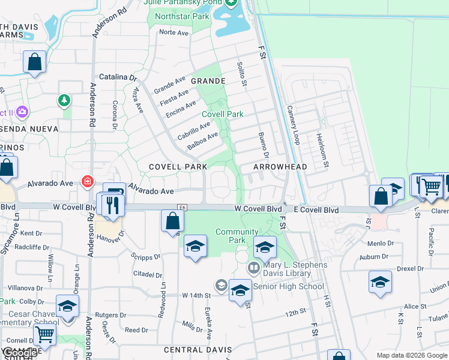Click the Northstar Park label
tap(182, 16)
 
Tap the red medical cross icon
tap(88, 181)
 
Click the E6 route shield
tap(183, 208)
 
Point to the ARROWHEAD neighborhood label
tap(280, 167)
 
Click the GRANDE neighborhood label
tap(208, 80)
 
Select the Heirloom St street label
tap(324, 148)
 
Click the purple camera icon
tap(22, 112)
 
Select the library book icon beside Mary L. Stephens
tap(253, 267)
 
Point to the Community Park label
tap(237, 236)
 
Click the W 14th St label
tap(197, 295)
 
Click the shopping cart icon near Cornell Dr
tap(44, 334)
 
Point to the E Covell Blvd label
tap(316, 210)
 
